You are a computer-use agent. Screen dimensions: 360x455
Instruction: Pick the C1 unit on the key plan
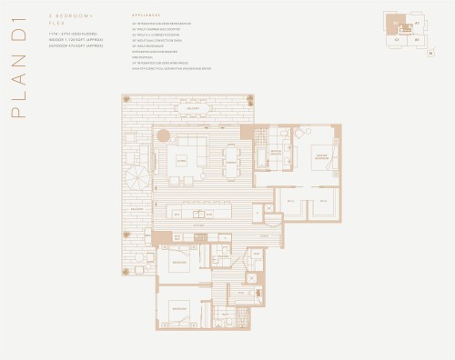(x=397, y=40)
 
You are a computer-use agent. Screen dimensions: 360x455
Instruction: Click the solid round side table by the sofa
(x=163, y=135)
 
